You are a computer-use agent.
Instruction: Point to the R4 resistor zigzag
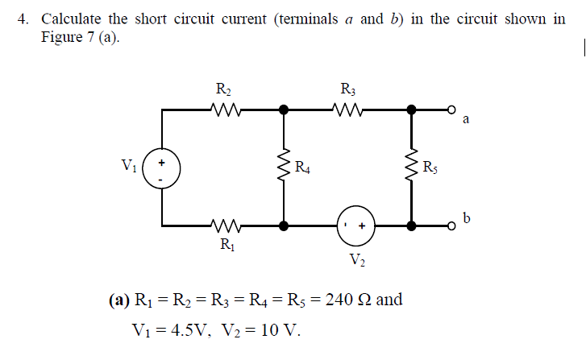(284, 168)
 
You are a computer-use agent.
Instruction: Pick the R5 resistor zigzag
(412, 168)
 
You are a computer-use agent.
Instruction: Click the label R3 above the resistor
(347, 89)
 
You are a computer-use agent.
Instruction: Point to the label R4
(302, 168)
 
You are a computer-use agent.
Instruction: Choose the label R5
(431, 168)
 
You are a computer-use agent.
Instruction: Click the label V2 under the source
(356, 259)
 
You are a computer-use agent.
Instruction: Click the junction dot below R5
(412, 227)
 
